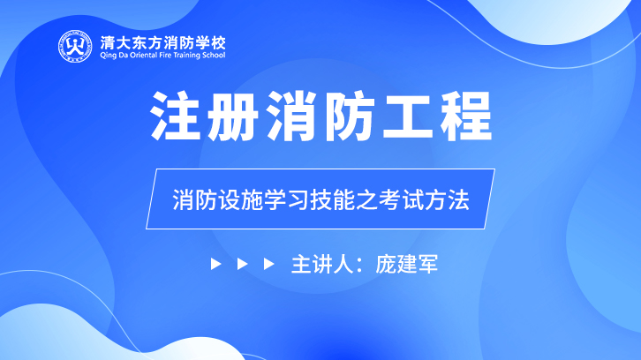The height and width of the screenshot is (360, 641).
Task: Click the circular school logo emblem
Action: pyautogui.click(x=75, y=47)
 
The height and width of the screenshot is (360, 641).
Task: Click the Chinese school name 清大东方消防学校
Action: pyautogui.click(x=162, y=43)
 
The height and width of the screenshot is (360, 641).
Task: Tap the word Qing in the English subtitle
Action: pyautogui.click(x=109, y=56)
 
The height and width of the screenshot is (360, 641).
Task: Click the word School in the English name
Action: pyautogui.click(x=215, y=55)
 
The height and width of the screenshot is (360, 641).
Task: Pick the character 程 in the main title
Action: pyautogui.click(x=466, y=116)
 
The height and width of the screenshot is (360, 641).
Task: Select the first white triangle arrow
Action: pyautogui.click(x=215, y=264)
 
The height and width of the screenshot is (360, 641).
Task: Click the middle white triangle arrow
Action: pyautogui.click(x=242, y=264)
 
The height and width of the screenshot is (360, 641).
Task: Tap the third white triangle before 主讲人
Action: pyautogui.click(x=268, y=264)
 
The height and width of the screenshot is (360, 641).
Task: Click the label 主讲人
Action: pyautogui.click(x=321, y=264)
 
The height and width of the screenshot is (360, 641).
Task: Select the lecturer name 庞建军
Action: pyautogui.click(x=406, y=264)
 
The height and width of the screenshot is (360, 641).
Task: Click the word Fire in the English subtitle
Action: pyautogui.click(x=169, y=55)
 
